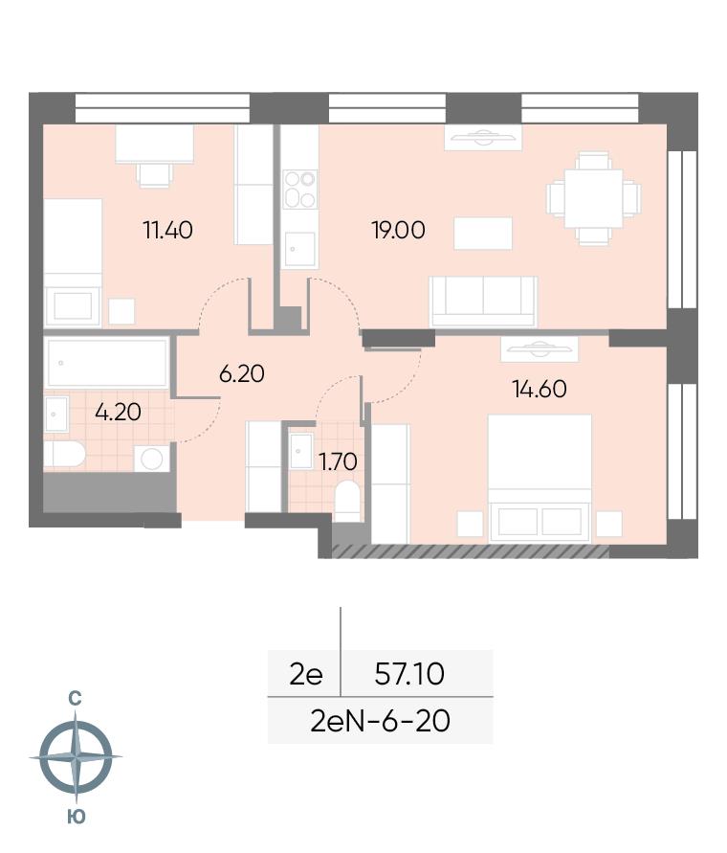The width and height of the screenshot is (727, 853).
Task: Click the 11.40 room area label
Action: click(167, 230)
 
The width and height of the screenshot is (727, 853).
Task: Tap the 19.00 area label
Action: click(399, 230)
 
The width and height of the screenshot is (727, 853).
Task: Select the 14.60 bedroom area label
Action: click(540, 389)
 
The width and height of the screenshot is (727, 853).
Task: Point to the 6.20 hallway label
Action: click(241, 373)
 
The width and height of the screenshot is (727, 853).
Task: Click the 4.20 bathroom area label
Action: click(118, 412)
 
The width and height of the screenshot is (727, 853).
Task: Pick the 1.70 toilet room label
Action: click(338, 461)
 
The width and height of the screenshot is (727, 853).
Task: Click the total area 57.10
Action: click(409, 674)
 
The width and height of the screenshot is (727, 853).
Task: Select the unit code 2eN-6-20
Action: click(380, 721)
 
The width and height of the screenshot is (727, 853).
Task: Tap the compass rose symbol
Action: click(76, 756)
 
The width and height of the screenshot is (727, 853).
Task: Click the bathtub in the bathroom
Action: click(107, 362)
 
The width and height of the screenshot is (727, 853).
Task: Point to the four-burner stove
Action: click(299, 190)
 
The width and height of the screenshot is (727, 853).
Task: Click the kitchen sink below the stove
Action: click(299, 250)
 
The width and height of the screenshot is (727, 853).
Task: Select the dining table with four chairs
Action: click(593, 198)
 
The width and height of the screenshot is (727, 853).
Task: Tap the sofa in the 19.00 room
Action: click(483, 302)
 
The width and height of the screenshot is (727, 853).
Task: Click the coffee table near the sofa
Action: click(483, 234)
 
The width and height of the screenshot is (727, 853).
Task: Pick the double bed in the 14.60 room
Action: click(540, 478)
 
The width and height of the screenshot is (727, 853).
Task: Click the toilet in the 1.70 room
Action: click(347, 502)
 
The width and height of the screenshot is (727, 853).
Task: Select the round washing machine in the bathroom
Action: click(152, 459)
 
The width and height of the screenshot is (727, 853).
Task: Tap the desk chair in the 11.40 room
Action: click(155, 175)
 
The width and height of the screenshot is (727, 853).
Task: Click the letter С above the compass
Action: click(75, 698)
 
